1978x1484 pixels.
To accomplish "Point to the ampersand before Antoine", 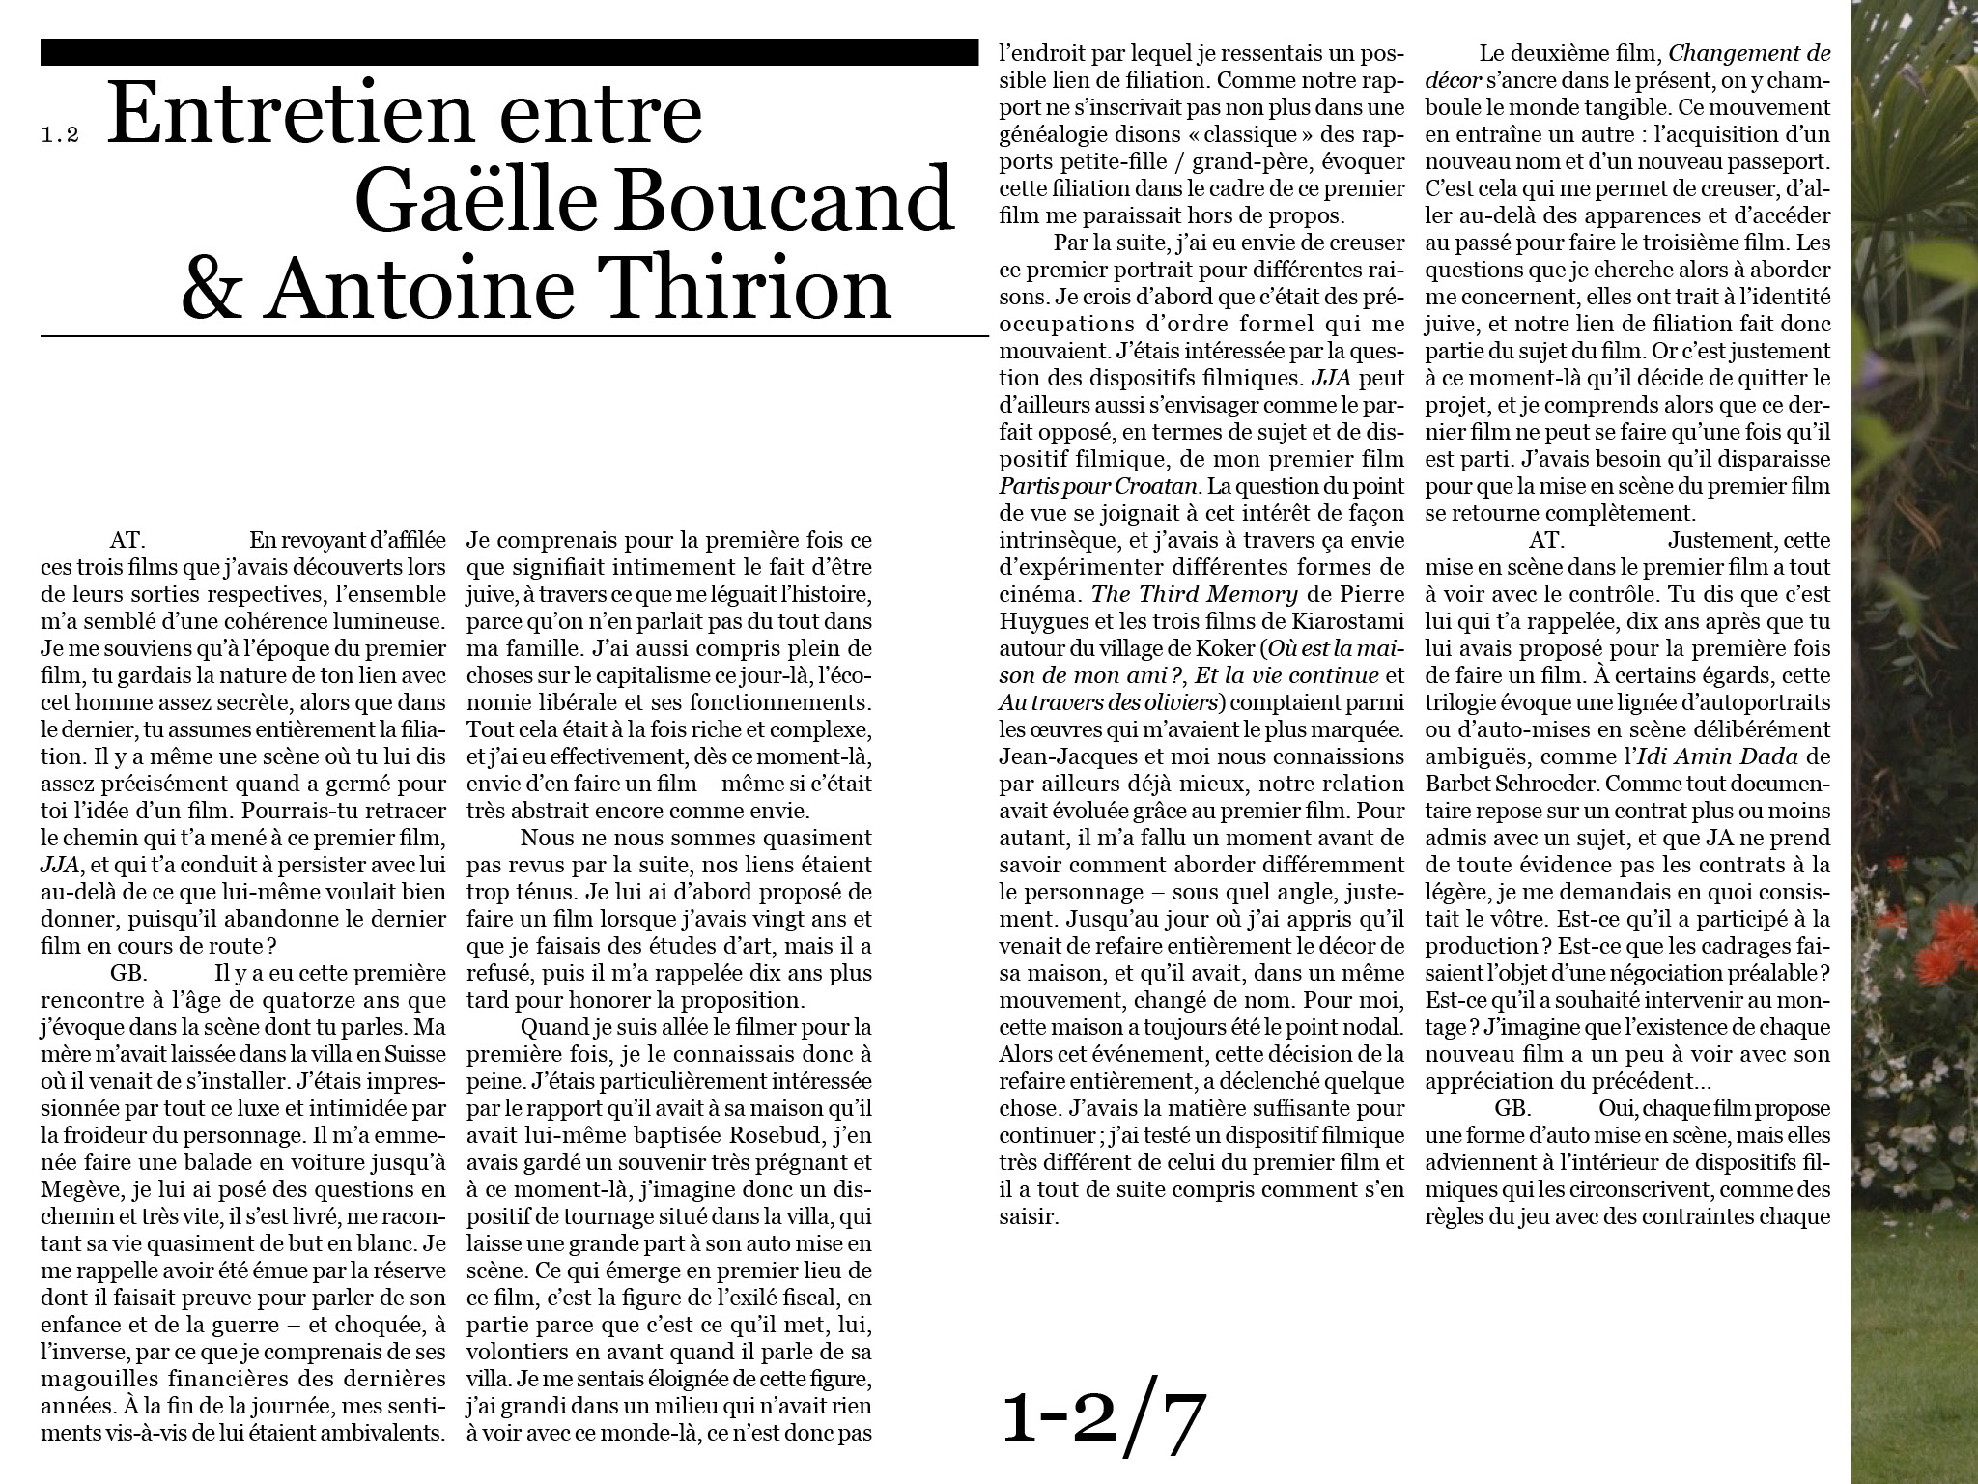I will [x=212, y=288].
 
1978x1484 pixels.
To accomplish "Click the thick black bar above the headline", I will [x=509, y=52].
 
